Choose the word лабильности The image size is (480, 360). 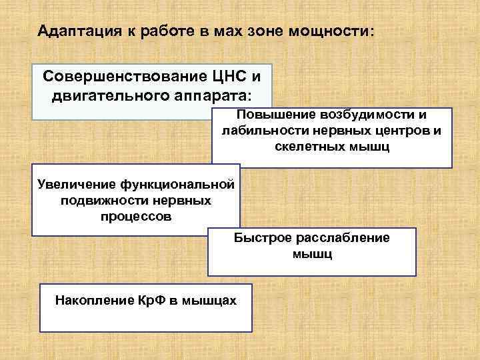260,130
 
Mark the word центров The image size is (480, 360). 395,130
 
